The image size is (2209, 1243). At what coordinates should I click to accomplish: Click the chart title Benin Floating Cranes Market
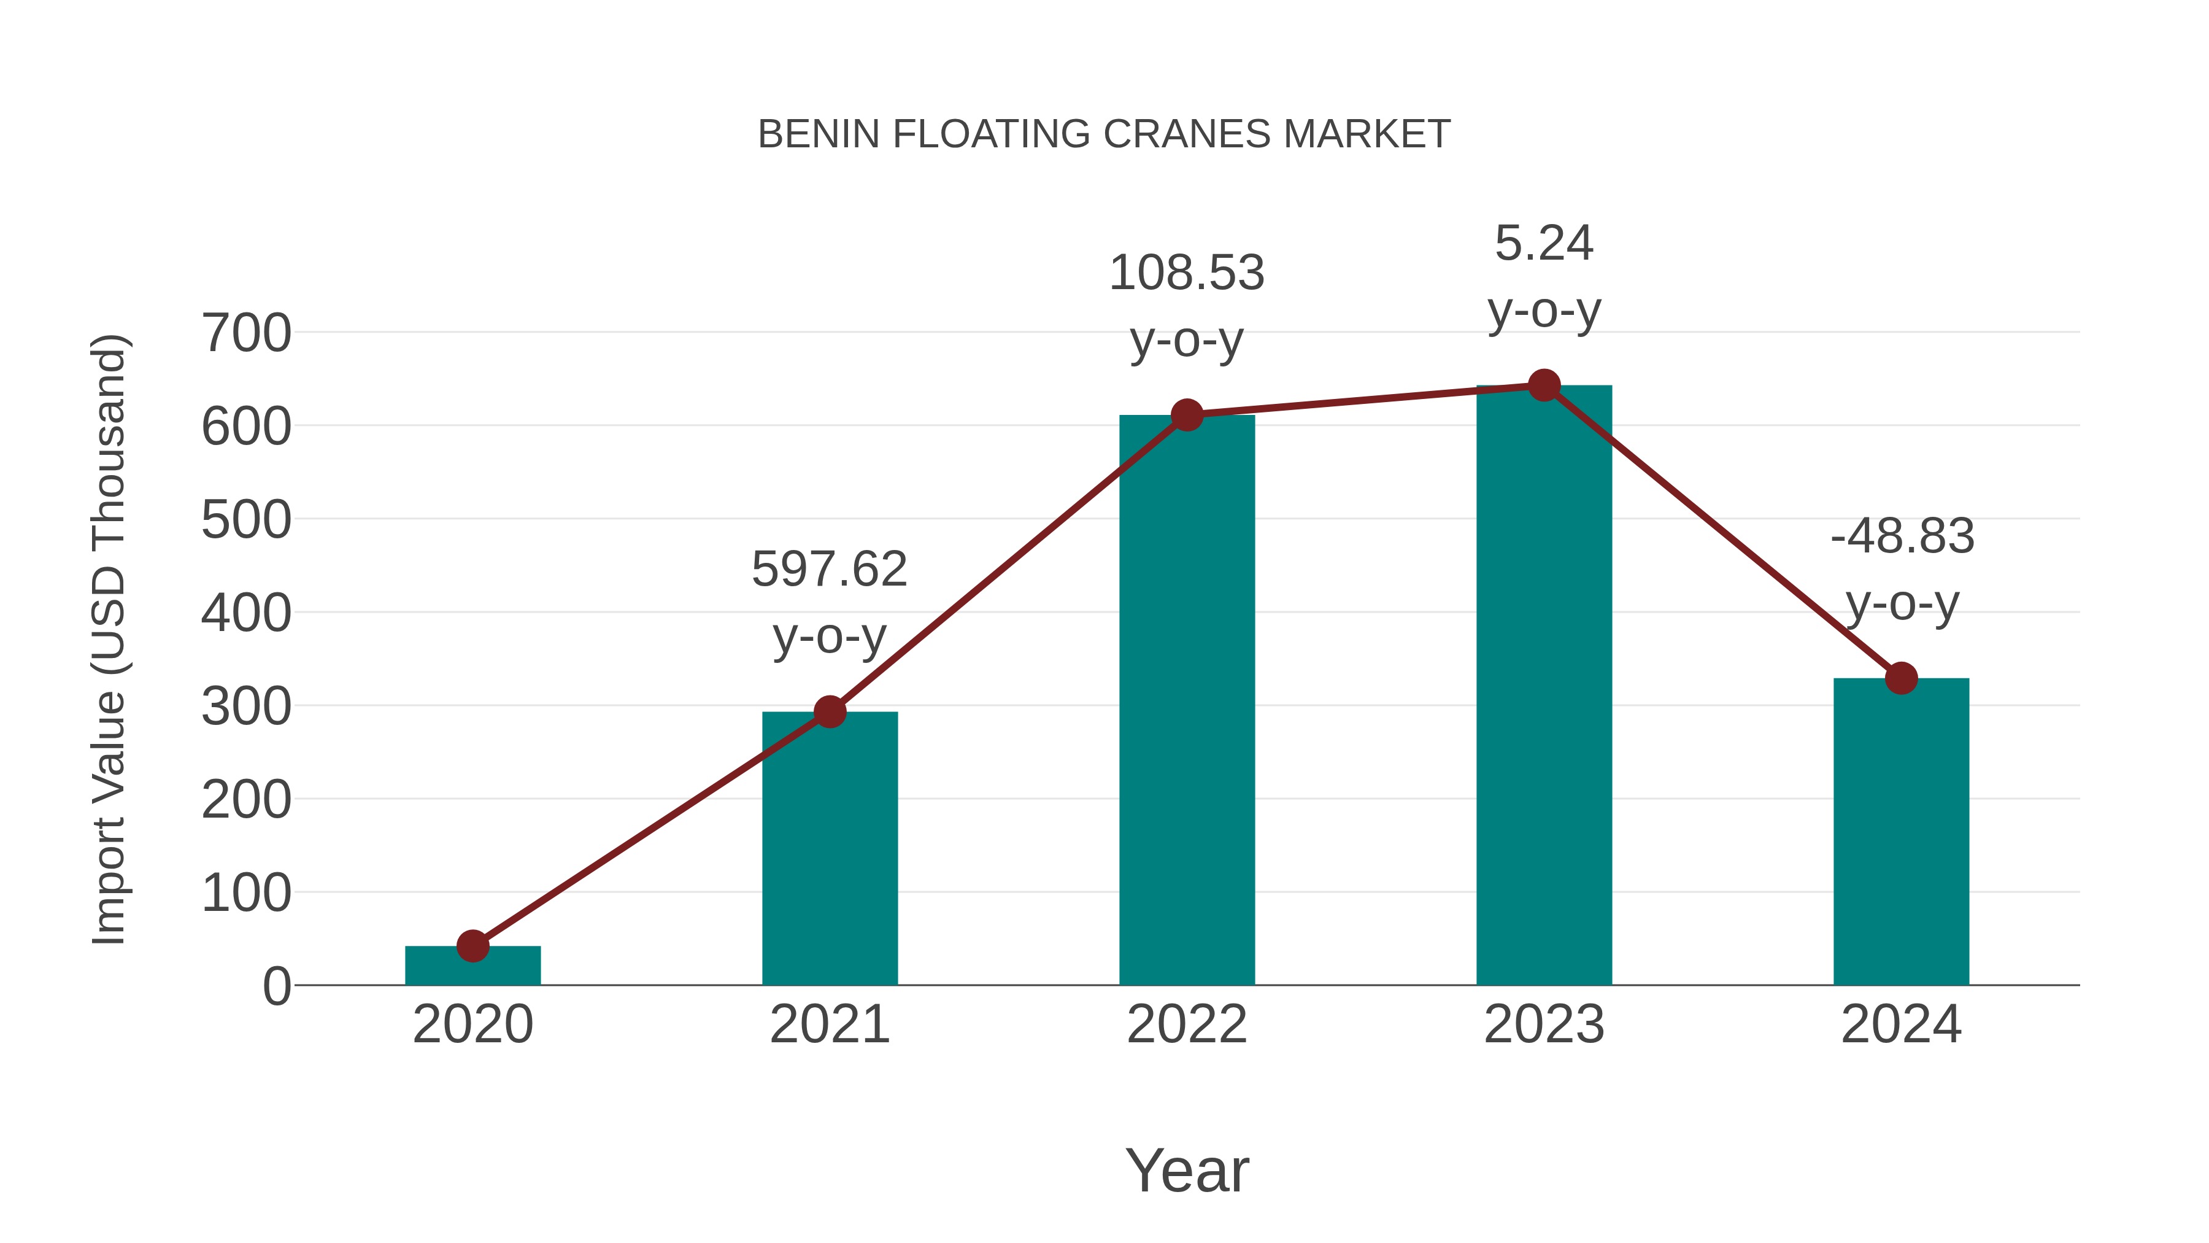[1104, 134]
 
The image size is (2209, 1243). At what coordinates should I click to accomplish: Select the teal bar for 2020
[472, 967]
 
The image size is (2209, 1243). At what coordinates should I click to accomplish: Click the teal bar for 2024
[1900, 832]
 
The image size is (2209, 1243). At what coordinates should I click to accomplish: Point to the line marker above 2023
[1544, 386]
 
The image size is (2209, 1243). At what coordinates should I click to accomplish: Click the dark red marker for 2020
[472, 946]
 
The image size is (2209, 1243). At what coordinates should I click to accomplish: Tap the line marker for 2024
[1900, 678]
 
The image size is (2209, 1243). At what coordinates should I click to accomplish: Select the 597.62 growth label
[829, 570]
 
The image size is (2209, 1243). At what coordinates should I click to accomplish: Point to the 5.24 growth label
[1544, 244]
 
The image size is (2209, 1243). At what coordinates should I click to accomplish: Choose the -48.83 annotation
[1901, 537]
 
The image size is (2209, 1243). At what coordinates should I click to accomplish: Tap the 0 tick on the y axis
[276, 986]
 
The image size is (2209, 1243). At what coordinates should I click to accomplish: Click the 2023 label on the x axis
[1544, 1024]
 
